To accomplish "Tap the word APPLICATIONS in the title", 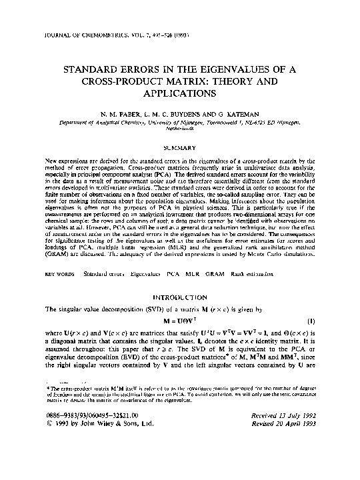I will pos(181,96).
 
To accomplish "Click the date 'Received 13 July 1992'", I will pos(285,452).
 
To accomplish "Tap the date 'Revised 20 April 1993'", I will pos(285,461).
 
